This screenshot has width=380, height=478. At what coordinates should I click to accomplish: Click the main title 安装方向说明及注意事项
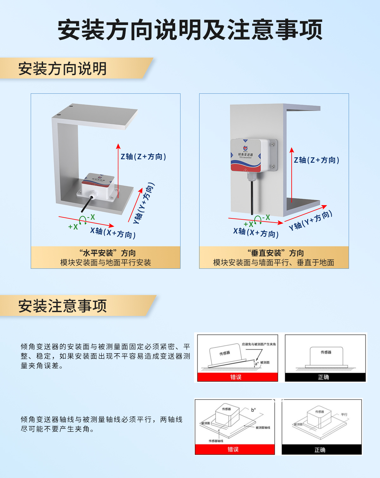point(190,30)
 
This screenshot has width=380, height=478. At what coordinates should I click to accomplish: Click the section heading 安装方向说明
point(62,69)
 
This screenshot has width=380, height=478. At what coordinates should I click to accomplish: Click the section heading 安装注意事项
point(62,306)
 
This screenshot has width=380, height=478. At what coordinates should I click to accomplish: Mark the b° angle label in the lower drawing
point(253,410)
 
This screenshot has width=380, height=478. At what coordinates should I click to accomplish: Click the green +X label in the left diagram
point(73,227)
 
